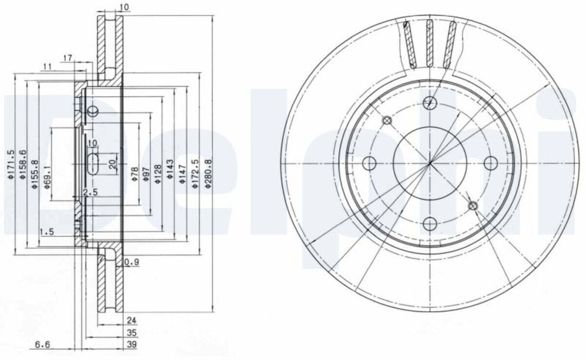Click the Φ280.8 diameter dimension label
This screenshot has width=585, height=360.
[x=209, y=174]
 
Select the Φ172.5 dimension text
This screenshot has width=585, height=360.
[x=195, y=174]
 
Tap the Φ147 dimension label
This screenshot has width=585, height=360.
[x=183, y=174]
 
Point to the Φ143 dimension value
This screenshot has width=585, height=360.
[x=170, y=169]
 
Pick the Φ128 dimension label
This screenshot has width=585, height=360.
[x=158, y=174]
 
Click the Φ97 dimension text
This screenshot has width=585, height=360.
[x=146, y=174]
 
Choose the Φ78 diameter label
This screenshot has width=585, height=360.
[x=134, y=174]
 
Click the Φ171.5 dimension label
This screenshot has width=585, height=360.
[x=11, y=164]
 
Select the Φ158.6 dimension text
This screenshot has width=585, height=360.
[x=23, y=164]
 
